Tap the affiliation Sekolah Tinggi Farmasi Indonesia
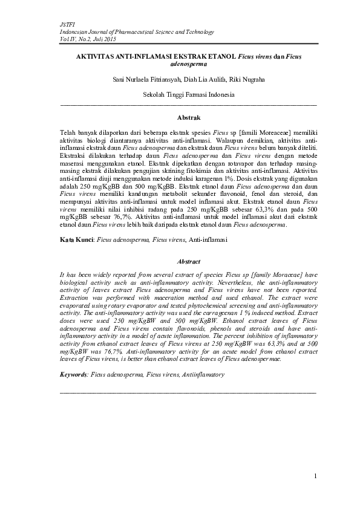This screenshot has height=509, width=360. pos(189,94)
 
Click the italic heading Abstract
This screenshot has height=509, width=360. pos(188,262)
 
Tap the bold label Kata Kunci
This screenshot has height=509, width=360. pos(76,240)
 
